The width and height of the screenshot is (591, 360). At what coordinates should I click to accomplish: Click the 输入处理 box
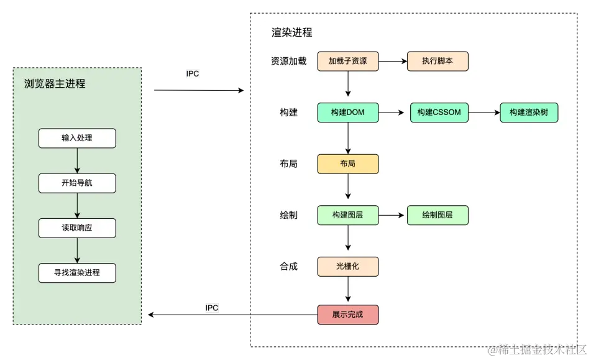pos(77,138)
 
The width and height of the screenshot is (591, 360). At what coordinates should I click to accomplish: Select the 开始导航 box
pos(77,183)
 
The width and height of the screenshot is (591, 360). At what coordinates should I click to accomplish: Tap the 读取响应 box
pos(77,228)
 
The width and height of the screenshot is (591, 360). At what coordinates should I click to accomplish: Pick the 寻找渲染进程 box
pos(77,273)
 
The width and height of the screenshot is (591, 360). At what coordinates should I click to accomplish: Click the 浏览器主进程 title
pos(55,83)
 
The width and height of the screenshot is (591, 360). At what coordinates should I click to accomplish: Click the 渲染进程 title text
pos(291,32)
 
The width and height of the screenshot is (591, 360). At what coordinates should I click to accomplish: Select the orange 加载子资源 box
pos(347,62)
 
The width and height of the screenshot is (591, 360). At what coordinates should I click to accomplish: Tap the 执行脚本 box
pos(437,62)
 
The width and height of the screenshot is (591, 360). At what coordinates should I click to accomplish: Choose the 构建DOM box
pos(347,113)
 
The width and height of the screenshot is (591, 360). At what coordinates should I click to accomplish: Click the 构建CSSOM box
pos(439,113)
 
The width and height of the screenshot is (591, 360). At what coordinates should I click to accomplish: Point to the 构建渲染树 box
pos(529,113)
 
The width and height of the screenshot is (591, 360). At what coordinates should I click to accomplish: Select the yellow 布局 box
pos(347,164)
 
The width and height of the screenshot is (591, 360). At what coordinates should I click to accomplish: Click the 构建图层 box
pos(347,215)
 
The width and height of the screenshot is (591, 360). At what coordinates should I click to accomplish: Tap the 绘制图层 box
pos(437,215)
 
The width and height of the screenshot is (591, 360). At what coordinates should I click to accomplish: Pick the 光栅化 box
pos(347,266)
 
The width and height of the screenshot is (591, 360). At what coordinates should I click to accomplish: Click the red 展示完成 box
pos(347,315)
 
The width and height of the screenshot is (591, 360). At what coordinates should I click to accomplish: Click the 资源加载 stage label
pos(288,62)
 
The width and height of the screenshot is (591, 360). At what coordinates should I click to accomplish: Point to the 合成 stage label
pos(288,266)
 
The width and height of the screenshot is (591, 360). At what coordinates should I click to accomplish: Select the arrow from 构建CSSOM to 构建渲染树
pos(484,113)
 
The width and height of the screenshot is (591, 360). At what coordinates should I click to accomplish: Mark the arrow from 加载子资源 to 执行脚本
pos(393,62)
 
